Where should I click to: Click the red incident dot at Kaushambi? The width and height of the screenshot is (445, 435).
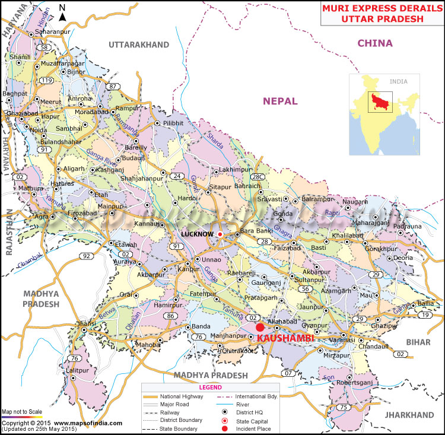pos(260,327)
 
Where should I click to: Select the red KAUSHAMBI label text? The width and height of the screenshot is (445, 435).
pos(281,337)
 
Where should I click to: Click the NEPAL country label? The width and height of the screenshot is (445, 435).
pos(280,101)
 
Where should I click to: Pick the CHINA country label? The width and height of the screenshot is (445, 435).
pos(374,43)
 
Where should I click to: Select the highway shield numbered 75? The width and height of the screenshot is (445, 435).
pos(344,407)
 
